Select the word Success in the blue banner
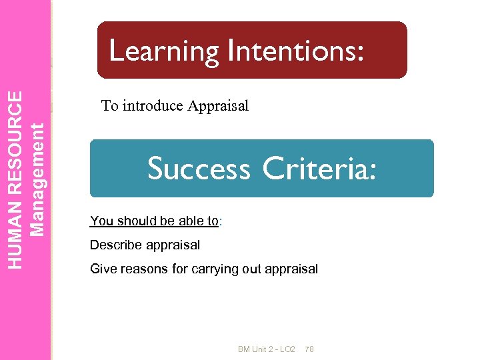click(x=199, y=168)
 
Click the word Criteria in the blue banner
click(x=319, y=168)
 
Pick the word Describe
click(x=115, y=245)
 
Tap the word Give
click(x=103, y=269)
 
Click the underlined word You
click(x=101, y=221)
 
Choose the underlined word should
click(x=133, y=221)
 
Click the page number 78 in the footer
click(x=309, y=349)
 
